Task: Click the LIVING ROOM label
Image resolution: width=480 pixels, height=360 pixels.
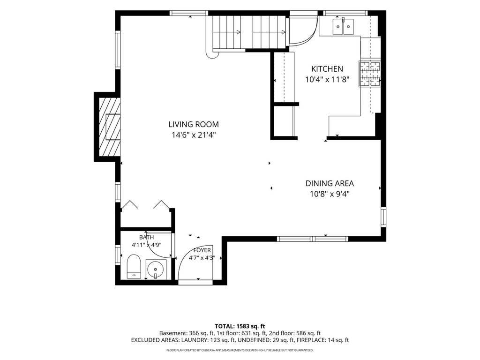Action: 194,124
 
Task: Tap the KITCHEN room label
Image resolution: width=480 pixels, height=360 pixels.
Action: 327,69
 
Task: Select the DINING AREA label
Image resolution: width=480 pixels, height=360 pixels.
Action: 330,183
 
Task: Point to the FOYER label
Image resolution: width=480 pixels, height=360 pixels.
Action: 202,250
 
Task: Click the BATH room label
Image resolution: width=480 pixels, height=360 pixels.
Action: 147,237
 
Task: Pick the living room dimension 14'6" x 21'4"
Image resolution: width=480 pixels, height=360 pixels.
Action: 194,135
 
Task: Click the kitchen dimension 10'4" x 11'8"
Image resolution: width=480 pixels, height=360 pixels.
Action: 327,80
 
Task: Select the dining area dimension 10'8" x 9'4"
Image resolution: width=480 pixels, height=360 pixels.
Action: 330,194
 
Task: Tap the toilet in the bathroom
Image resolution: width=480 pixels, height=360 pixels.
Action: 134,266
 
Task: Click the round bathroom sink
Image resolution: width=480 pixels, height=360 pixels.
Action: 156,270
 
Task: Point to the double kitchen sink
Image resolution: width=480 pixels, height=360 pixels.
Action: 343,27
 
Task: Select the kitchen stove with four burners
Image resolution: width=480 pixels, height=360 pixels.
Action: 370,74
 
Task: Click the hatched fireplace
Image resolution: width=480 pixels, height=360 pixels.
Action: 109,127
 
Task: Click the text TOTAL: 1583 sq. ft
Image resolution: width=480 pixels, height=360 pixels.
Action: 240,326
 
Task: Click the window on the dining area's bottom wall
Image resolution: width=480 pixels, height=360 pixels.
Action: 313,239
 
